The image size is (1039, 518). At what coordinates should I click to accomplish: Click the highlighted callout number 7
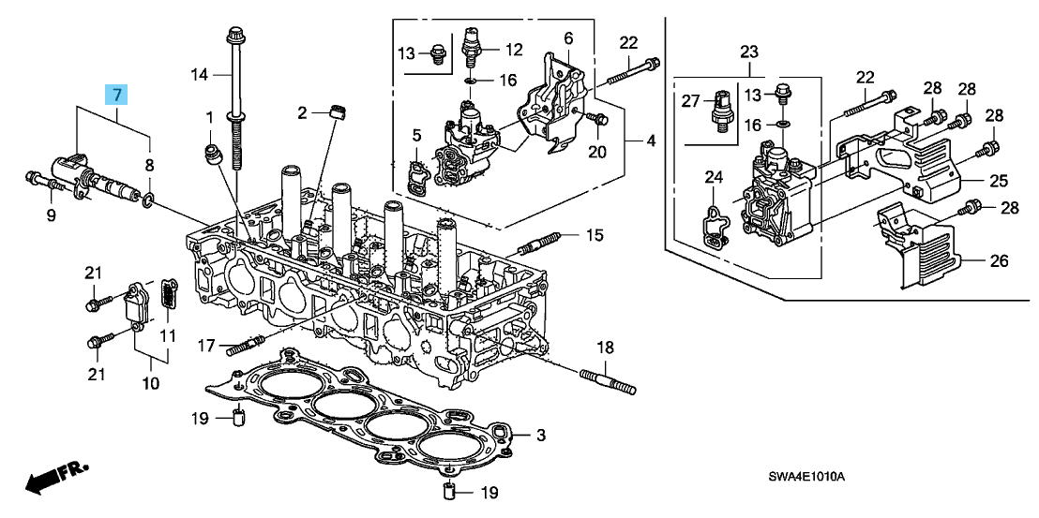(x=115, y=94)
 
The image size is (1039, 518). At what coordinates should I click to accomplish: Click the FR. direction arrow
(x=52, y=481)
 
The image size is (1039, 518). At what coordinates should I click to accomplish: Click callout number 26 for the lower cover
(x=999, y=261)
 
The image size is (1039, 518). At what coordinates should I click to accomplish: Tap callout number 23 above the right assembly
(x=747, y=51)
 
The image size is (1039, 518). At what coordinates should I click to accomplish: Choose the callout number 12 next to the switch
(x=514, y=49)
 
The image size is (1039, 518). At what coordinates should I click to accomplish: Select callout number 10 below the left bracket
(x=150, y=383)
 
